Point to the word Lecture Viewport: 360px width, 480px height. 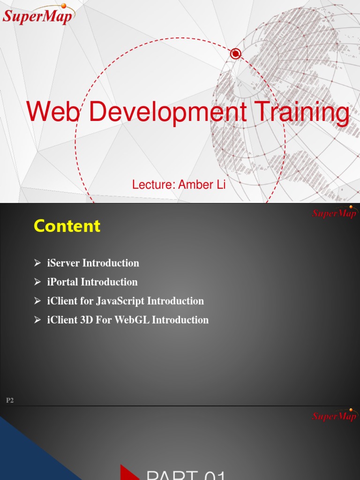[x=153, y=185]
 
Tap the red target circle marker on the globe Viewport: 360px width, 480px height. [x=236, y=54]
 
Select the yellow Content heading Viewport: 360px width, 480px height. [x=67, y=226]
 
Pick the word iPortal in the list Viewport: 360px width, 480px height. [x=63, y=282]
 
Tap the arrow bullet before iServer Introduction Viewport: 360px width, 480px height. [x=37, y=263]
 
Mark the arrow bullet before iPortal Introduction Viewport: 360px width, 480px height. [x=37, y=282]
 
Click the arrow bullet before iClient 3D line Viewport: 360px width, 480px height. [x=37, y=320]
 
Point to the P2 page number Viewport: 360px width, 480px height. [x=10, y=400]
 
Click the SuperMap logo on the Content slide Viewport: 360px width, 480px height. [x=334, y=213]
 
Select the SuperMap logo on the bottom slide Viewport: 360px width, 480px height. [x=334, y=415]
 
